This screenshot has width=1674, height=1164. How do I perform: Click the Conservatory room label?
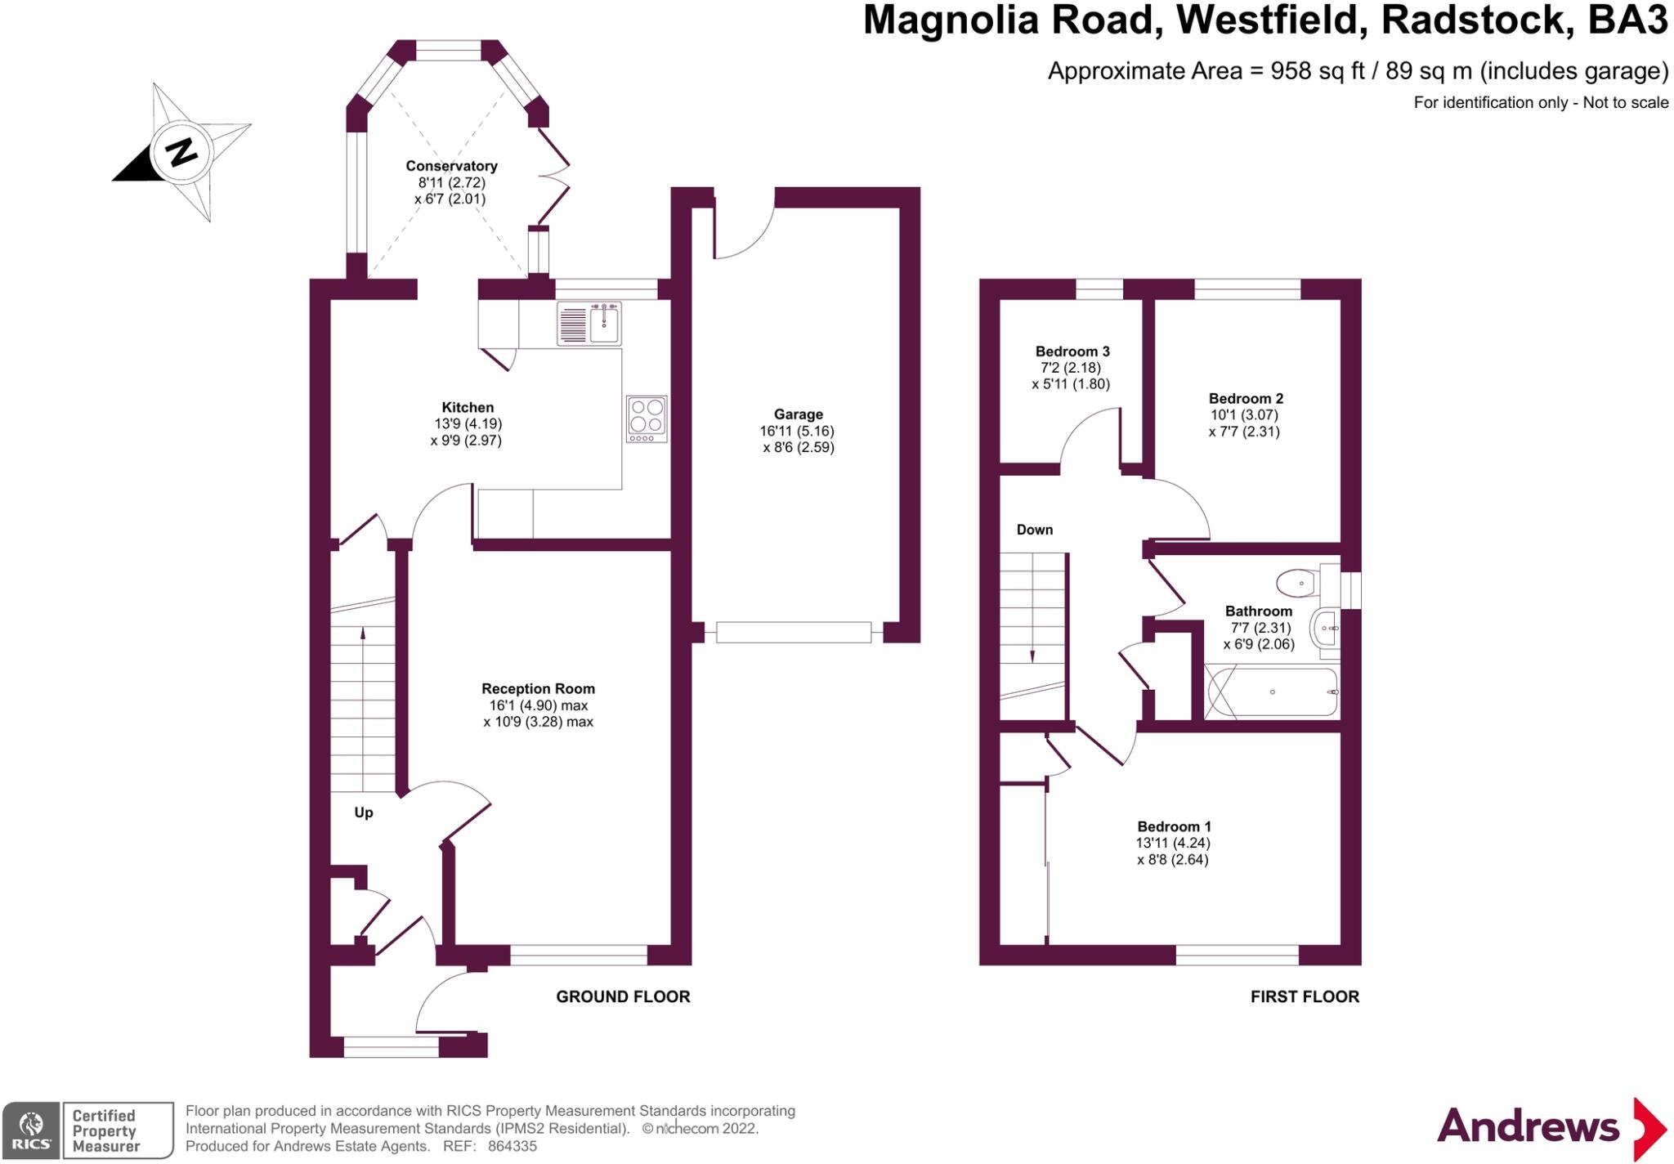[x=451, y=166]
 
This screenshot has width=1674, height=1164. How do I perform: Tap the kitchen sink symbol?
[x=589, y=323]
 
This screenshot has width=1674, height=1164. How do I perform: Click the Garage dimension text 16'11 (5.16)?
[x=797, y=431]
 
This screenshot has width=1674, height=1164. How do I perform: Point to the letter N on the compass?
[x=181, y=152]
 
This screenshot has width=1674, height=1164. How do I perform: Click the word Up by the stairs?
[x=364, y=813]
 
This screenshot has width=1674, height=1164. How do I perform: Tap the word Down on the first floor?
[x=1034, y=530]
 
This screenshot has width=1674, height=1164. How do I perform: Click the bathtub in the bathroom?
[x=1272, y=692]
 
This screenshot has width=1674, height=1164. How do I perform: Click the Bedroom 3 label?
[x=1072, y=351]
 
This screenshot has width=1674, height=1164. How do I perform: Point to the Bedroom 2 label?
[x=1246, y=399]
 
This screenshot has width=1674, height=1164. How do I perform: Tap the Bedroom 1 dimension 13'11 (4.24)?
[x=1173, y=843]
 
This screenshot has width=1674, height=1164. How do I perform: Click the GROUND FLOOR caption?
[x=623, y=996]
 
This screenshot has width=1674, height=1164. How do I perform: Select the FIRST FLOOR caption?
[x=1305, y=996]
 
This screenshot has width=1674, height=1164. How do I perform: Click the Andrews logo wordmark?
[x=1528, y=1126]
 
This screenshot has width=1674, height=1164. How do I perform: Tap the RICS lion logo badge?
[x=31, y=1130]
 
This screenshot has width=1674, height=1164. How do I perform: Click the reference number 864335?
[x=512, y=1146]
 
